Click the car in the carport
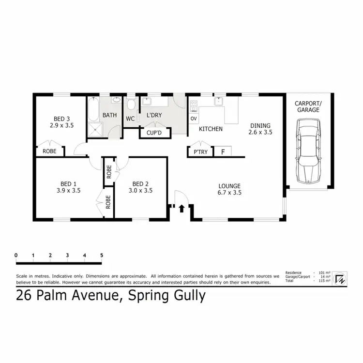point(308,151)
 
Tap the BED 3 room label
point(60,119)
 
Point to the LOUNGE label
point(229,185)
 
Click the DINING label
point(260,125)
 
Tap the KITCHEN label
point(212,129)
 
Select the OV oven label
point(193,119)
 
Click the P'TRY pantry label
point(200,152)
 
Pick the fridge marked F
point(223,152)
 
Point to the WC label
point(130,119)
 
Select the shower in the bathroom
point(97,129)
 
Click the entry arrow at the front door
point(181,209)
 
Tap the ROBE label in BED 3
point(49,151)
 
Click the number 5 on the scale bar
point(102,255)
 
